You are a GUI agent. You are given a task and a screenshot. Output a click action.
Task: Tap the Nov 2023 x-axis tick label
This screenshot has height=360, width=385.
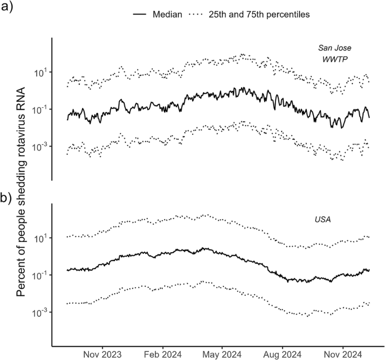[x=103, y=354]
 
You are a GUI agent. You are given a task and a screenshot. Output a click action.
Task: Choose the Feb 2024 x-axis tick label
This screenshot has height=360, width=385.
[x=162, y=354]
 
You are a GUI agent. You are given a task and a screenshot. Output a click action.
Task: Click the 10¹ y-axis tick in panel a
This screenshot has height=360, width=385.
[x=40, y=72]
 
